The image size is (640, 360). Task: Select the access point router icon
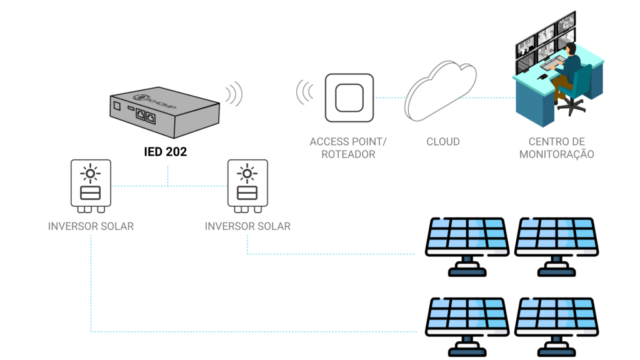click(x=349, y=97)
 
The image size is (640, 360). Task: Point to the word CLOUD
click(x=442, y=142)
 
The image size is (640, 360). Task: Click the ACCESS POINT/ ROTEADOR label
click(x=348, y=148)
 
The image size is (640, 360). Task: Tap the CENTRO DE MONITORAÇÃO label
click(x=556, y=148)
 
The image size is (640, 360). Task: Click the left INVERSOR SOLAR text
click(x=91, y=226)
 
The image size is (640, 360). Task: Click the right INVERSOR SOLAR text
click(x=247, y=226)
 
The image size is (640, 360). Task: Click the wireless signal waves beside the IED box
click(x=233, y=94)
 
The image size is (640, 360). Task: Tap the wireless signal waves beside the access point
click(x=305, y=92)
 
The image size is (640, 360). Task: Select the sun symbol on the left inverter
click(x=91, y=173)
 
